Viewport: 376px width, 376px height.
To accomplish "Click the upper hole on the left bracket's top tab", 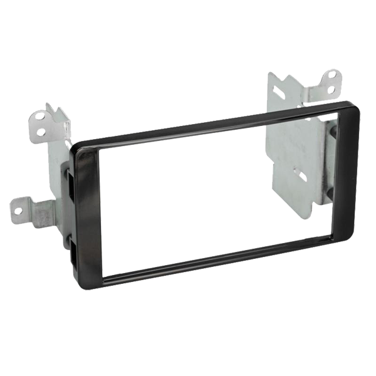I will point(43,117).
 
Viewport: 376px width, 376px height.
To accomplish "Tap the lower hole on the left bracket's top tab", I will point(41,131).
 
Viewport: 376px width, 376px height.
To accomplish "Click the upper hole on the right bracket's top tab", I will point(332,75).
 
